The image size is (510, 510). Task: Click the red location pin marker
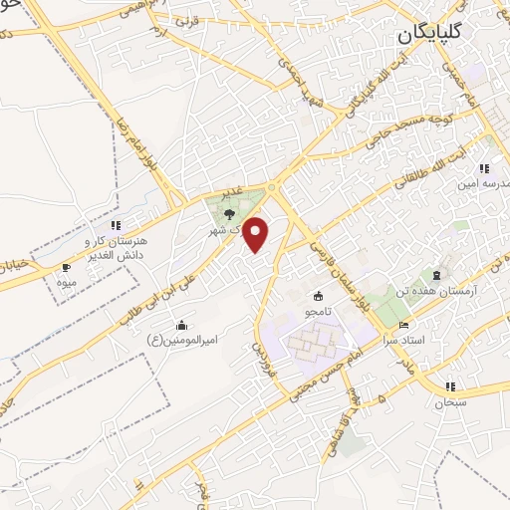257,233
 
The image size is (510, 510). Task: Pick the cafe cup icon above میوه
67,267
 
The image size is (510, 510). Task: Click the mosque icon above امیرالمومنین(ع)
181,325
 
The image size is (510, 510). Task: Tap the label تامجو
319,312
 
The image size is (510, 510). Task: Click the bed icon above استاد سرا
402,326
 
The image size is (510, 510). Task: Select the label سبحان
450,402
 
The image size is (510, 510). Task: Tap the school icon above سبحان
450,386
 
